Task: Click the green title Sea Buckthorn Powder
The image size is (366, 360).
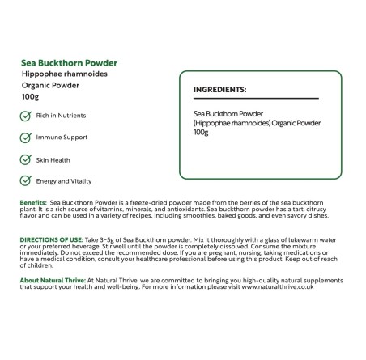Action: pyautogui.click(x=69, y=62)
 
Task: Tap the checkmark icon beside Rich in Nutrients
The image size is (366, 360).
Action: pyautogui.click(x=26, y=116)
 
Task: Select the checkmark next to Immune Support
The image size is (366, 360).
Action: pyautogui.click(x=26, y=138)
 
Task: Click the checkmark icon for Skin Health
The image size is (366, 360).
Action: pyautogui.click(x=26, y=159)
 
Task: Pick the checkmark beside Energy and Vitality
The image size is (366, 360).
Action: pyautogui.click(x=26, y=181)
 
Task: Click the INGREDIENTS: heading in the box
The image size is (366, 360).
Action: pyautogui.click(x=220, y=89)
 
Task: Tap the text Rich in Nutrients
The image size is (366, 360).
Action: pyautogui.click(x=61, y=116)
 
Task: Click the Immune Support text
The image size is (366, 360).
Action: pyautogui.click(x=62, y=138)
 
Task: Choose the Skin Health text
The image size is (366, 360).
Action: pyautogui.click(x=54, y=159)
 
